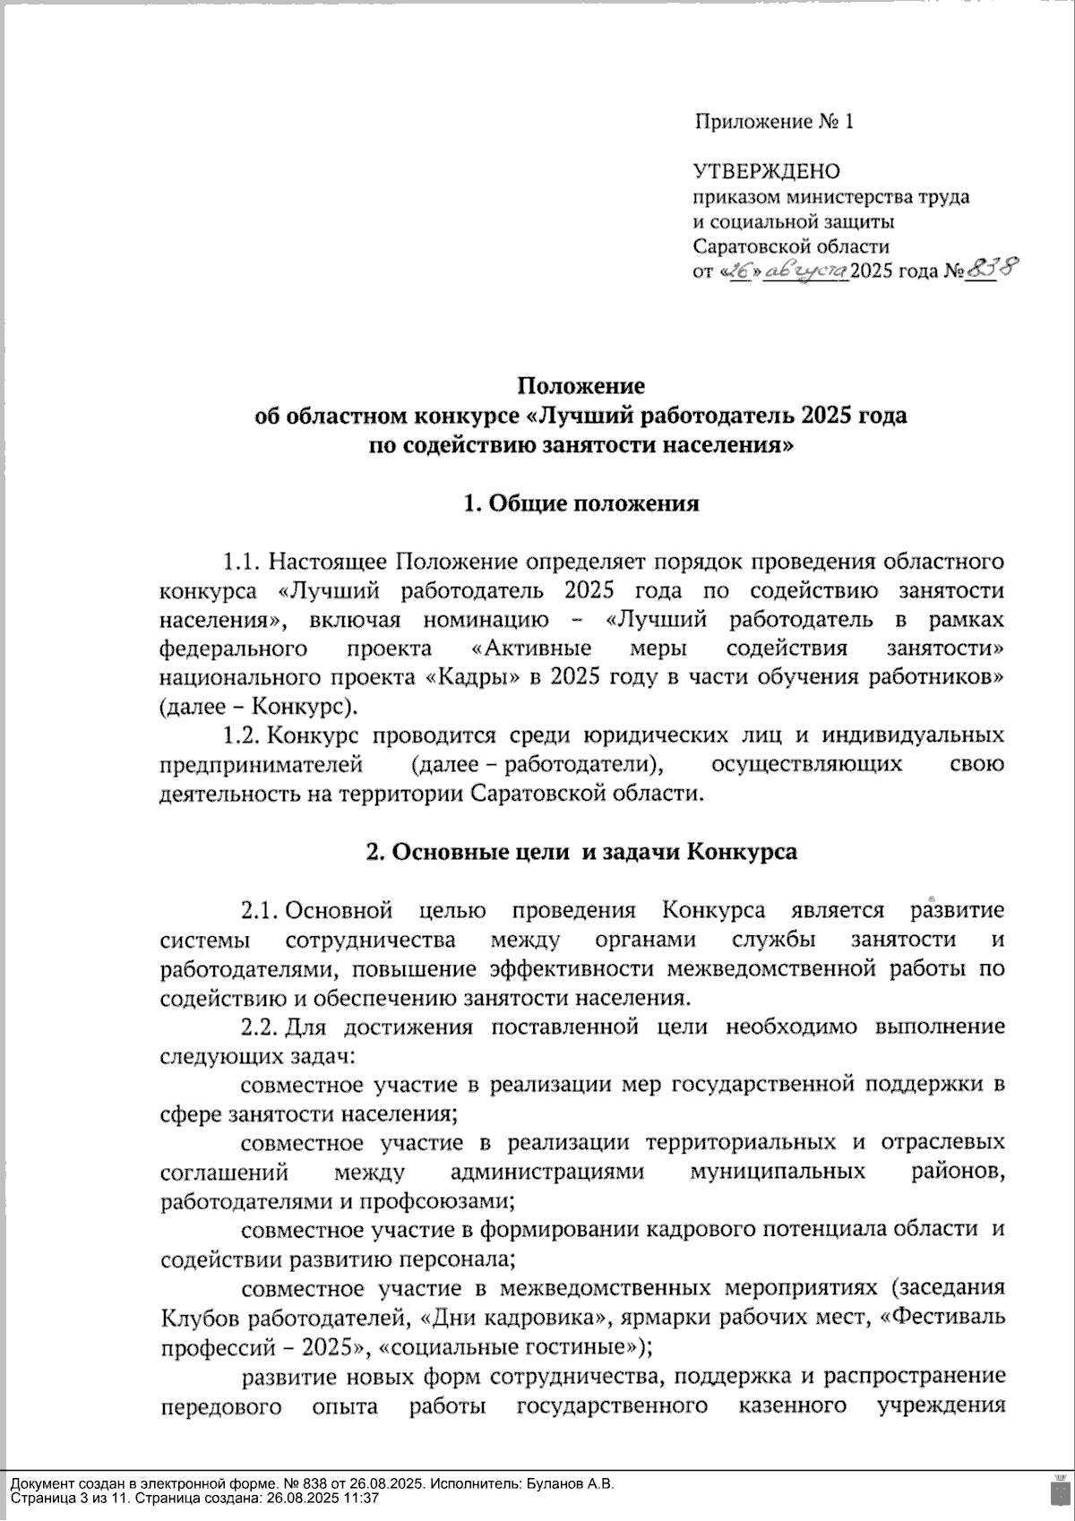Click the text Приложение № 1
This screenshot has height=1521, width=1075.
point(774,122)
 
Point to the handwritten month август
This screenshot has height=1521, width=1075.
point(807,270)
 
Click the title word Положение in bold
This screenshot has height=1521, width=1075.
point(581,386)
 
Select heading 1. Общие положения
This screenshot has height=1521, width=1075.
point(581,503)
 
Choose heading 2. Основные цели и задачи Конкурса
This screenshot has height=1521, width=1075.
point(581,851)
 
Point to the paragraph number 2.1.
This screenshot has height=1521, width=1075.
point(260,911)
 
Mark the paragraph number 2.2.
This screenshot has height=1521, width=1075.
point(260,1027)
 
